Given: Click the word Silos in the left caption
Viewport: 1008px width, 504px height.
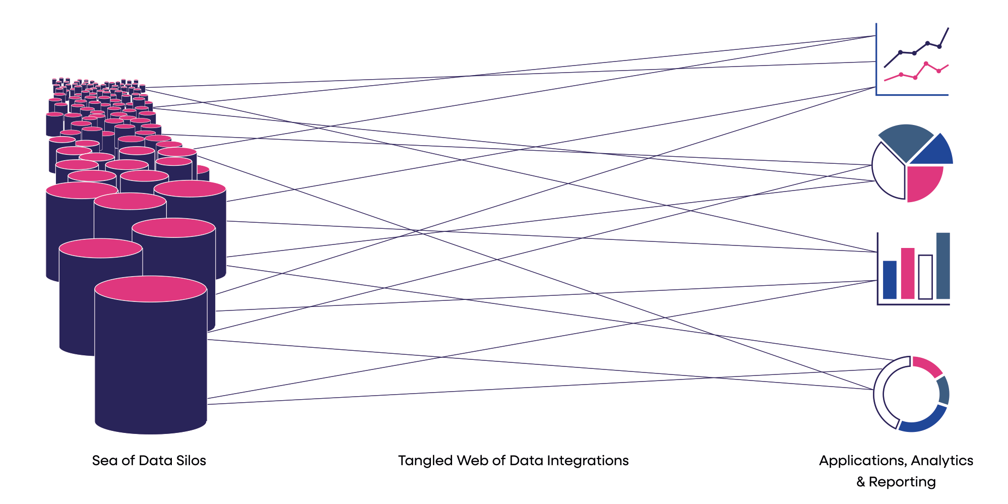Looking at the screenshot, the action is (191, 461).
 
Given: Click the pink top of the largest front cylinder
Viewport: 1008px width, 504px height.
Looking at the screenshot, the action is (151, 289).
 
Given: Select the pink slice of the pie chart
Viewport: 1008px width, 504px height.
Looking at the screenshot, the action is (924, 182).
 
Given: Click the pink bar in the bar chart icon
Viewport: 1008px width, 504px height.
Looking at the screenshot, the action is (908, 273).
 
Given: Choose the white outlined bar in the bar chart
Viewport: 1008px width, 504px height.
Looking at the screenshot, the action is (925, 277).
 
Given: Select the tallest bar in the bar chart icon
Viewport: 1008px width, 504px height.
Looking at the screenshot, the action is (943, 266).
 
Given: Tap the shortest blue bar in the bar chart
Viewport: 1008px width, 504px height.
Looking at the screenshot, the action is (890, 280).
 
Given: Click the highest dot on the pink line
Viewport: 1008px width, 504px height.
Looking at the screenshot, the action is (926, 64).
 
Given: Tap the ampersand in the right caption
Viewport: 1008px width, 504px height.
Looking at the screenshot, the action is (861, 482).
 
